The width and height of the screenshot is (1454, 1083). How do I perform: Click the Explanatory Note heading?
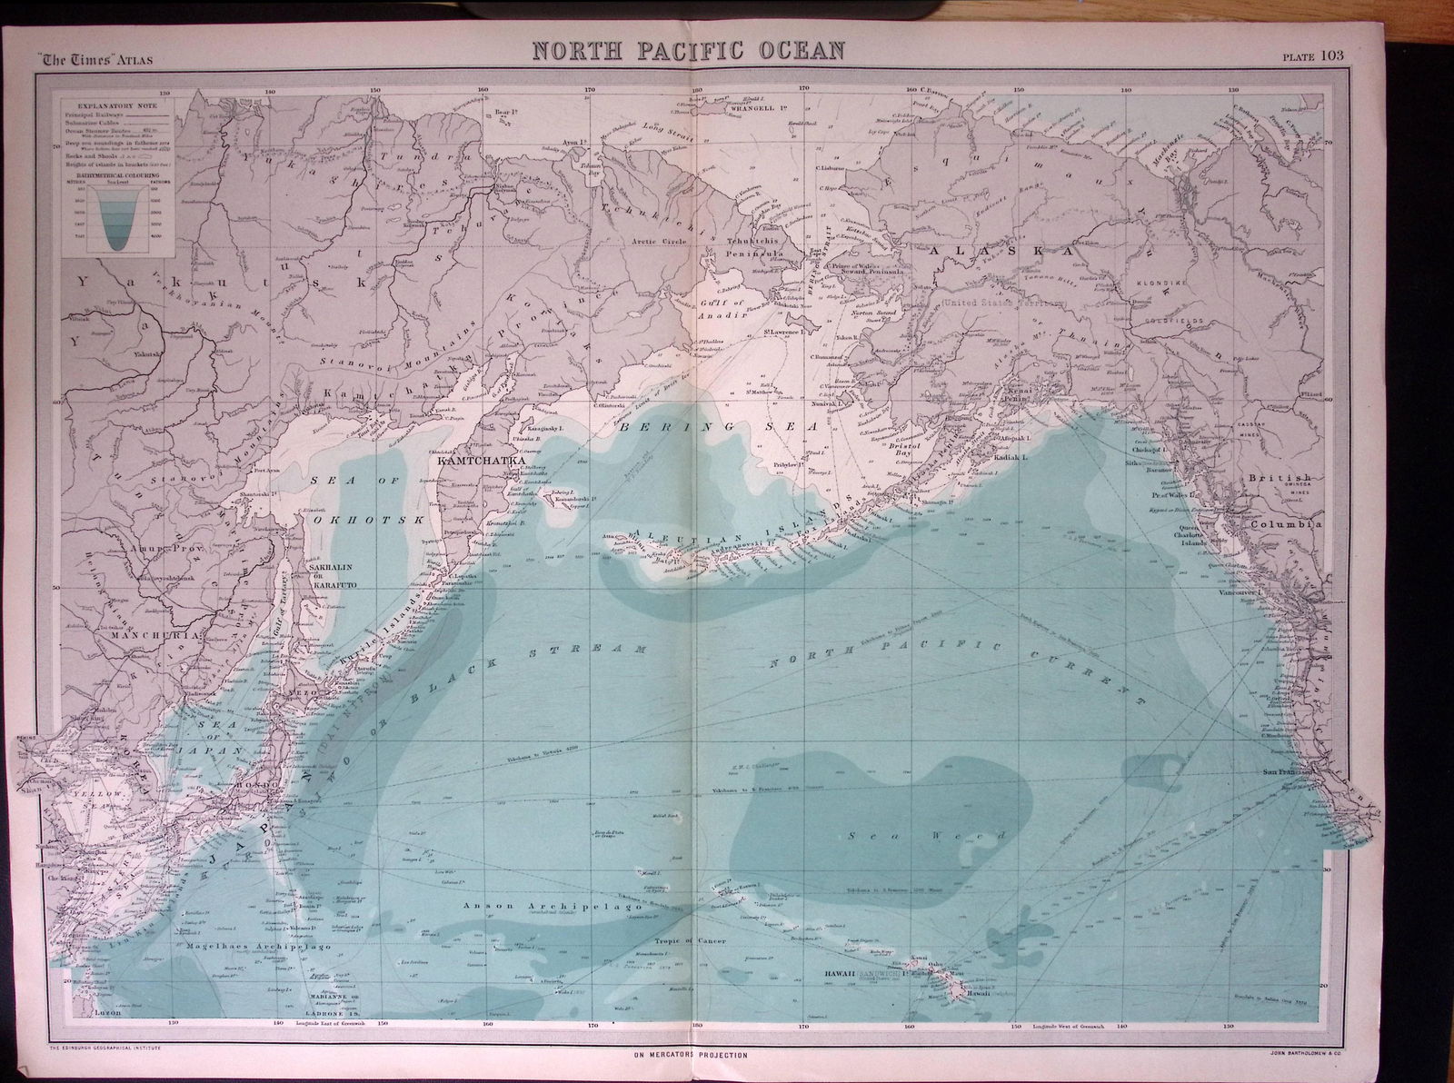click(109, 105)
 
